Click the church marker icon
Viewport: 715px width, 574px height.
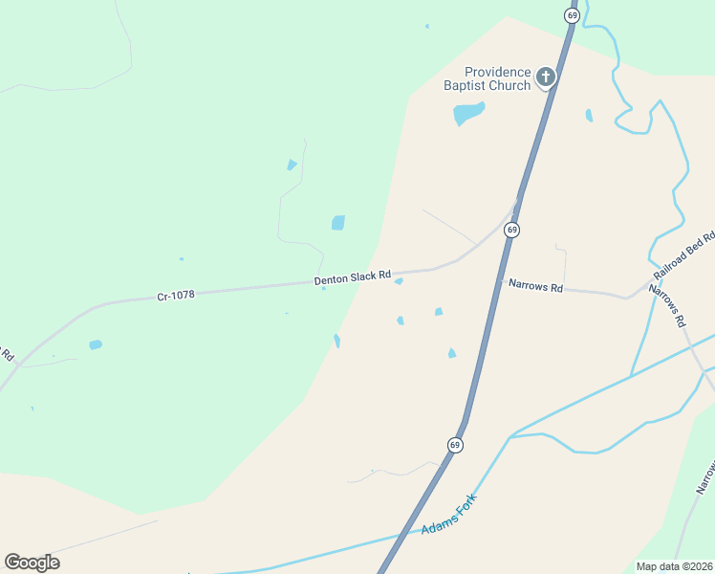click(546, 77)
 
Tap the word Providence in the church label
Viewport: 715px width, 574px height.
click(497, 72)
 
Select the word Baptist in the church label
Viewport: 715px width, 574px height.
click(465, 86)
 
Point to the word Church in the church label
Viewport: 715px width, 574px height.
click(509, 86)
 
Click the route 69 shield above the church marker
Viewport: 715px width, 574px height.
click(572, 16)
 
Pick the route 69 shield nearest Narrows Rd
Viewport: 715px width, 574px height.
click(512, 230)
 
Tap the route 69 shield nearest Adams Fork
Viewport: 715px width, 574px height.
click(455, 445)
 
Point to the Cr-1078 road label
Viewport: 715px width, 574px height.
click(176, 296)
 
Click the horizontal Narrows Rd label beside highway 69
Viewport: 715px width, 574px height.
click(535, 285)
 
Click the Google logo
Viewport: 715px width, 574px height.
click(32, 562)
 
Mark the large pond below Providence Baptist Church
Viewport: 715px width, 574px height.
click(468, 114)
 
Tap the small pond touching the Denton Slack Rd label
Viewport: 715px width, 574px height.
click(399, 281)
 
